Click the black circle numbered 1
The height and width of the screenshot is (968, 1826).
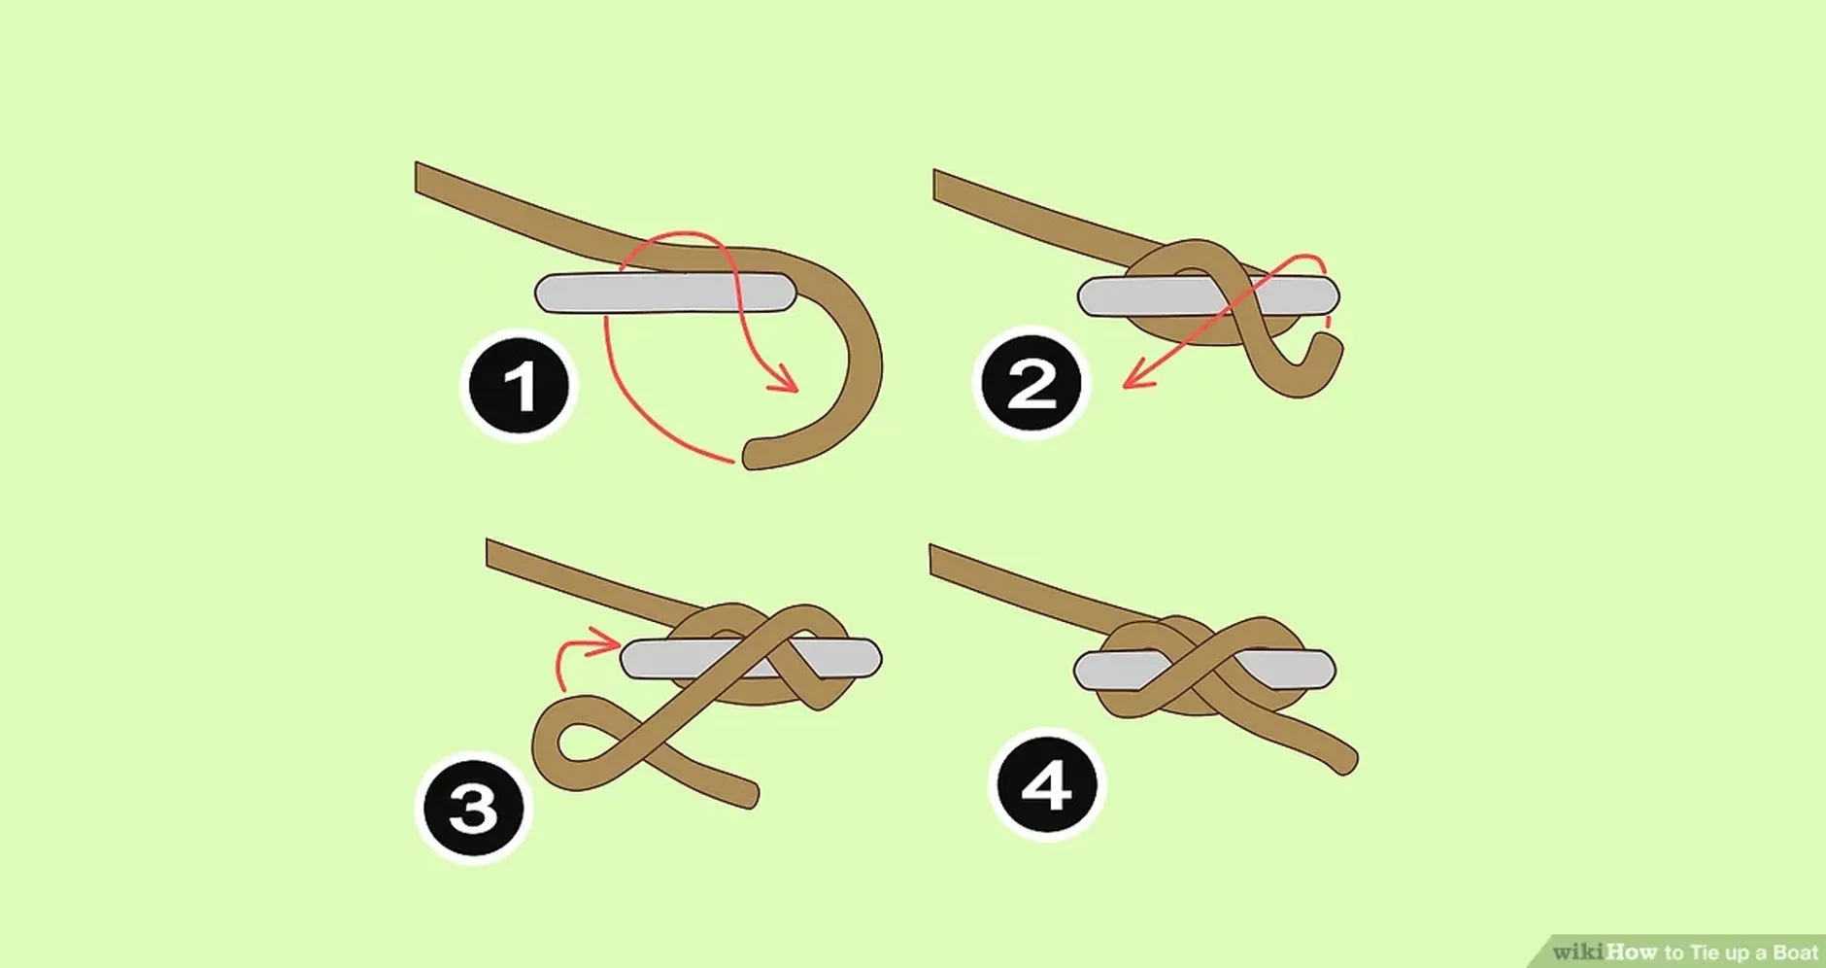[519, 386]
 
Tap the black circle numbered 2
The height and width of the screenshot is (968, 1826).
[1031, 383]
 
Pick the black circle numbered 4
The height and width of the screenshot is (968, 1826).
[1047, 785]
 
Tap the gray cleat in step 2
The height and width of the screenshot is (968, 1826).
[1208, 296]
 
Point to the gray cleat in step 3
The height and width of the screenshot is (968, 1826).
[751, 659]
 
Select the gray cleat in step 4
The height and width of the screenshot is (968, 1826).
[1204, 671]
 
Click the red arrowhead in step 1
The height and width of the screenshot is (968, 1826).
[785, 379]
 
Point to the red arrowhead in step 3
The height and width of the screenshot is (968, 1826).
[608, 640]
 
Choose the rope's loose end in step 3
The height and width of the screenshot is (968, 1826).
[750, 793]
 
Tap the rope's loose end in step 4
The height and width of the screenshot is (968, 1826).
[1348, 762]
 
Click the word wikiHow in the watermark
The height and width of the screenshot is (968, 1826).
[1605, 951]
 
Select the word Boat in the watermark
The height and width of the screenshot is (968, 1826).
[1795, 952]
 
